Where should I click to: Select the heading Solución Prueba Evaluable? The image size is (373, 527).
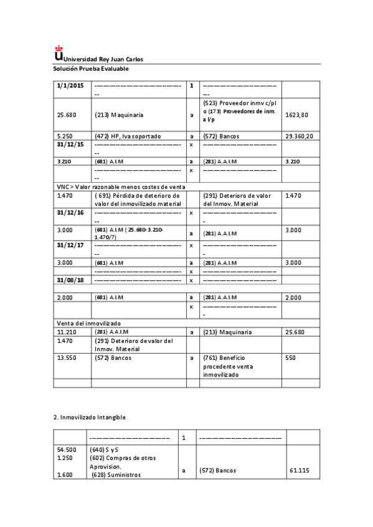[x=90, y=68]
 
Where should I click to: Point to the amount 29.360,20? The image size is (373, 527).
[x=299, y=135]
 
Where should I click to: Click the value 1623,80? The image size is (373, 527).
[x=297, y=115]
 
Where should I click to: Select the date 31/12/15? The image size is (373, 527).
[x=69, y=144]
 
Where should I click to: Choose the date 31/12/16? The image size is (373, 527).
[x=69, y=213]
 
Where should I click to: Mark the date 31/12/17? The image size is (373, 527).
[x=69, y=245]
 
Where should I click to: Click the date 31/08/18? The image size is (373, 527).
[x=69, y=280]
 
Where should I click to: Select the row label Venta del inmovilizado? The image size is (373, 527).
[x=88, y=324]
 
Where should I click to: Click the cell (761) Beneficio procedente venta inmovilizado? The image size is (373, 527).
[x=229, y=366]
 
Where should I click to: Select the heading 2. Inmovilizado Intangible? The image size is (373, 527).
[x=91, y=417]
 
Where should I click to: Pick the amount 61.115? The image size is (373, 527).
[x=300, y=471]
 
